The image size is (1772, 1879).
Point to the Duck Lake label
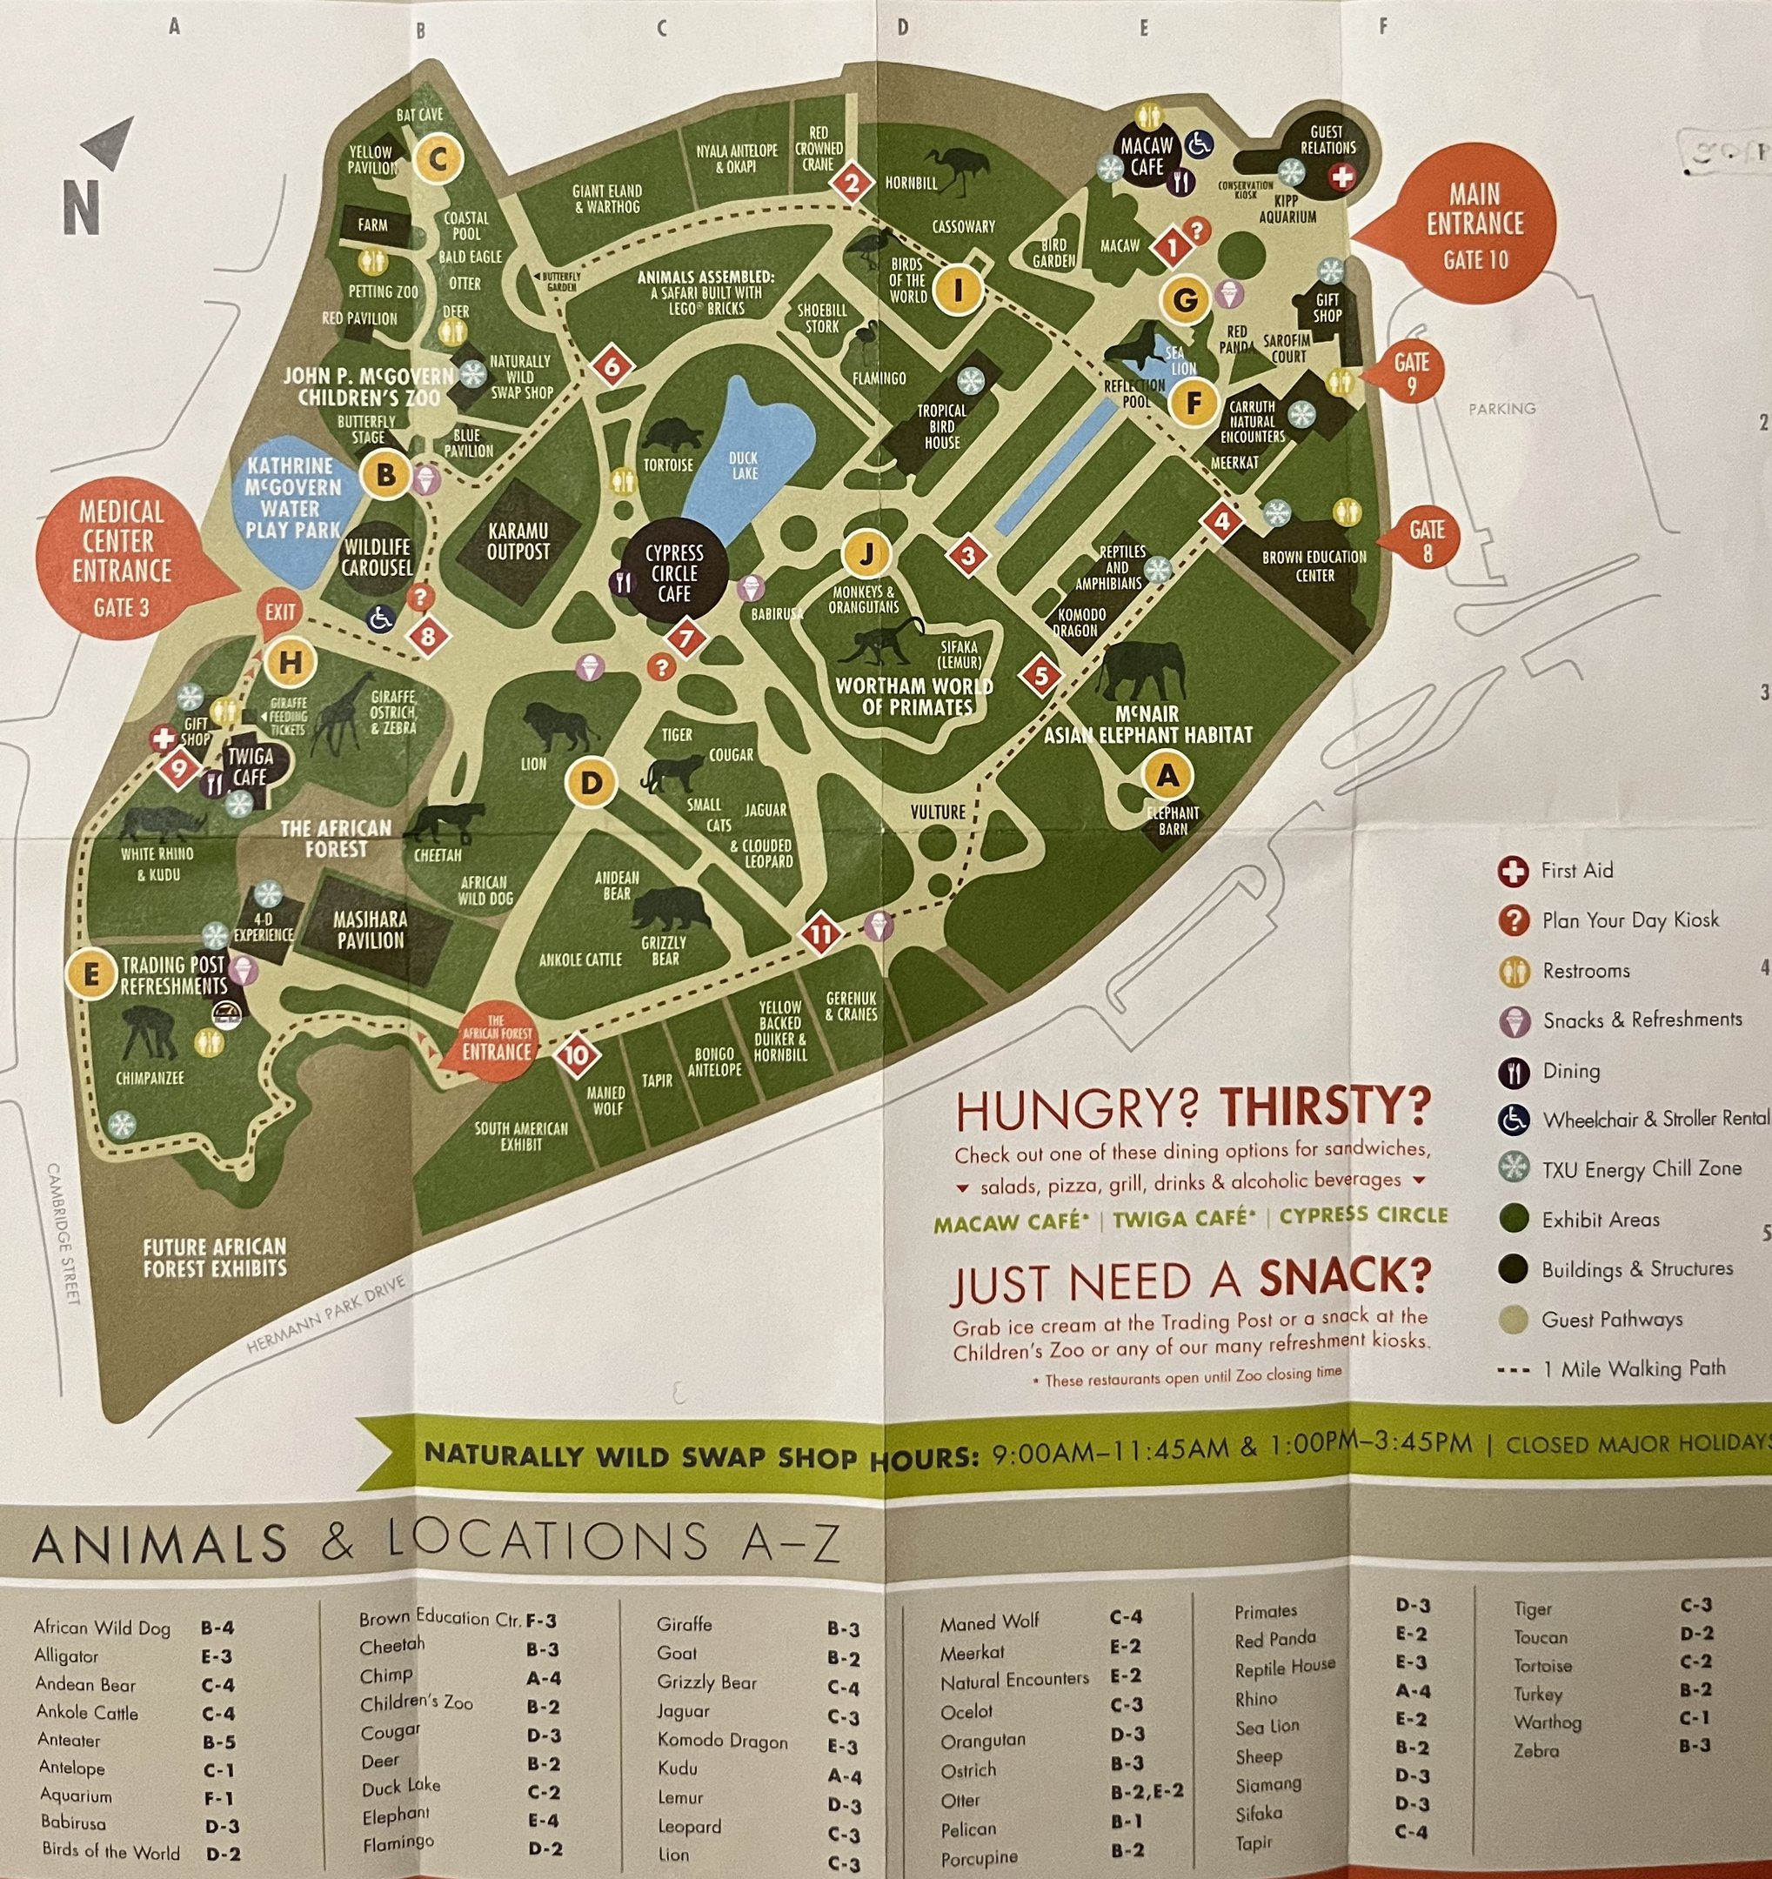tap(744, 465)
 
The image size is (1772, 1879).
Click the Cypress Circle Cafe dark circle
tap(675, 572)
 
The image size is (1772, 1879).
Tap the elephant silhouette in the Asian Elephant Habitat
tap(1141, 669)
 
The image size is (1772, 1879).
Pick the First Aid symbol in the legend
tap(1513, 871)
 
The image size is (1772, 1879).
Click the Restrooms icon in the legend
tap(1514, 971)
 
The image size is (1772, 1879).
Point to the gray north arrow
tap(108, 144)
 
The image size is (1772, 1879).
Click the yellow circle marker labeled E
tap(91, 973)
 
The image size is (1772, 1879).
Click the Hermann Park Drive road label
tap(326, 1314)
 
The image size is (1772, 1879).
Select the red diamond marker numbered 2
tap(852, 183)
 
